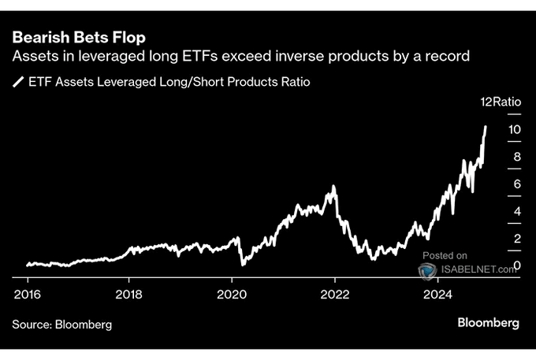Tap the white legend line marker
pos(17,81)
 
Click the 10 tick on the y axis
pos(513,129)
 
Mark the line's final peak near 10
pos(486,126)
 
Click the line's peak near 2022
pos(334,187)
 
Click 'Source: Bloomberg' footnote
pos(61,324)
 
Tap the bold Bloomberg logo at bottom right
pos(488,323)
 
